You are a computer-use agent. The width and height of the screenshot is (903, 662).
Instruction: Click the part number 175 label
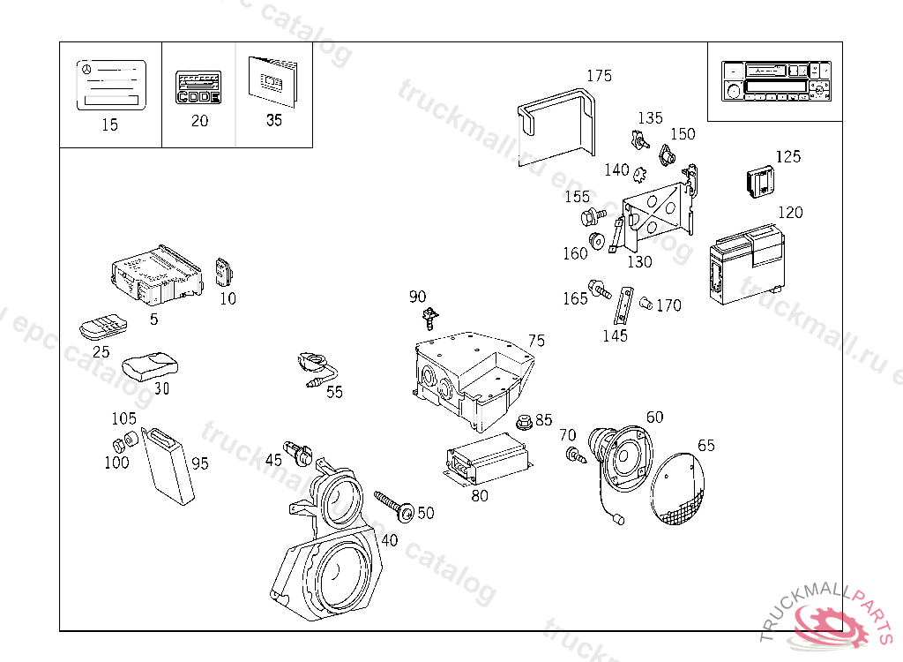pyautogui.click(x=599, y=76)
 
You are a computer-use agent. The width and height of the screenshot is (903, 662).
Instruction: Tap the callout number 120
pyautogui.click(x=790, y=213)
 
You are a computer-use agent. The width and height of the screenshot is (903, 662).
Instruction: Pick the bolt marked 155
pyautogui.click(x=590, y=215)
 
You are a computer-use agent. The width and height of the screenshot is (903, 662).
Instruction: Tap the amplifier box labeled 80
pyautogui.click(x=489, y=460)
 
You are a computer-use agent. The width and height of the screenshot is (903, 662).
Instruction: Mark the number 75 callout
pyautogui.click(x=536, y=342)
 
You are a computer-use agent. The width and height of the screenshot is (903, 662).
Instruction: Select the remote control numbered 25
pyautogui.click(x=103, y=327)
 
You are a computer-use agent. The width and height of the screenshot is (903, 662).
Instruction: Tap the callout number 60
pyautogui.click(x=654, y=418)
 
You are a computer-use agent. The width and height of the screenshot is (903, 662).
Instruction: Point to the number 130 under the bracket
pyautogui.click(x=639, y=262)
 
